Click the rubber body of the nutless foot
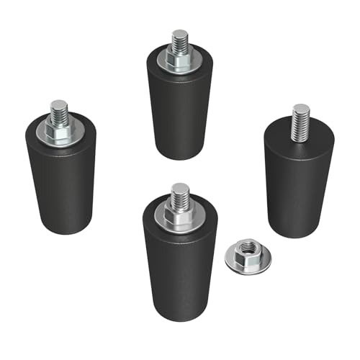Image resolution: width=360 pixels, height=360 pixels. (x=297, y=187)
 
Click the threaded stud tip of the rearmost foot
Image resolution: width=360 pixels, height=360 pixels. (x=178, y=36)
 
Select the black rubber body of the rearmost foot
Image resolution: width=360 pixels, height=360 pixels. (x=177, y=115)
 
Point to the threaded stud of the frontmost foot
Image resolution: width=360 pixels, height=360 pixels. (x=180, y=193)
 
